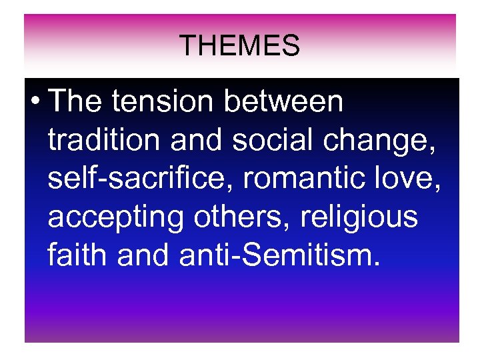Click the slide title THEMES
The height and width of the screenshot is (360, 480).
click(240, 46)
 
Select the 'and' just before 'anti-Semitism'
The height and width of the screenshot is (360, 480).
click(143, 255)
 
